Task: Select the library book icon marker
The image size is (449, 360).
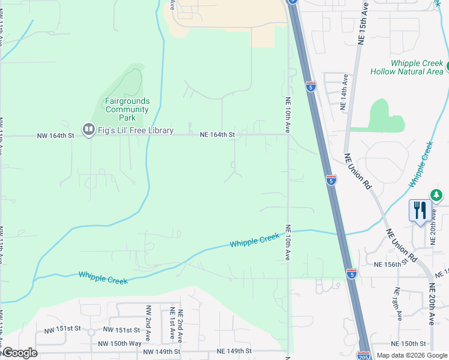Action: click(88, 129)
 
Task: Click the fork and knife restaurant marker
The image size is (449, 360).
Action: click(420, 211)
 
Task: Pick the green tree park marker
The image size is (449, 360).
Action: click(436, 195)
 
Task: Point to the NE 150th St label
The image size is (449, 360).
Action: click(408, 344)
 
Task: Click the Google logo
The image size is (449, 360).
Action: click(19, 353)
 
